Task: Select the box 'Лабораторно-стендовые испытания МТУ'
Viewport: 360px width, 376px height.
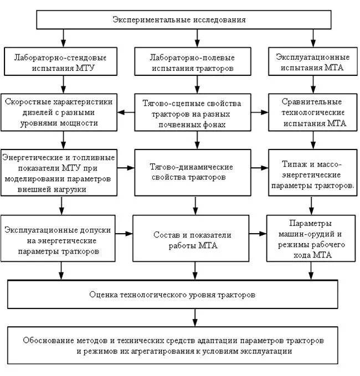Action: tap(61, 62)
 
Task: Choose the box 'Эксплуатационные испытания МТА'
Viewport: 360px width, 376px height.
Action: tap(312, 62)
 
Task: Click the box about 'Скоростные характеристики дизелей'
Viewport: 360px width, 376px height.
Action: tap(60, 113)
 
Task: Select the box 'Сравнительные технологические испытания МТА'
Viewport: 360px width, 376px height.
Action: tap(312, 113)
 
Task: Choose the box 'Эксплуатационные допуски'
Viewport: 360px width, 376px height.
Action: tap(60, 238)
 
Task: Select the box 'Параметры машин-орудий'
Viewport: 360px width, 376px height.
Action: tap(312, 238)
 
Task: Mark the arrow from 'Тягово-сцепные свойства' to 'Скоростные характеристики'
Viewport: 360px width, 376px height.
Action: tap(127, 112)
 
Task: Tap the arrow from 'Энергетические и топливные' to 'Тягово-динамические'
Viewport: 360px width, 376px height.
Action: tap(127, 167)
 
